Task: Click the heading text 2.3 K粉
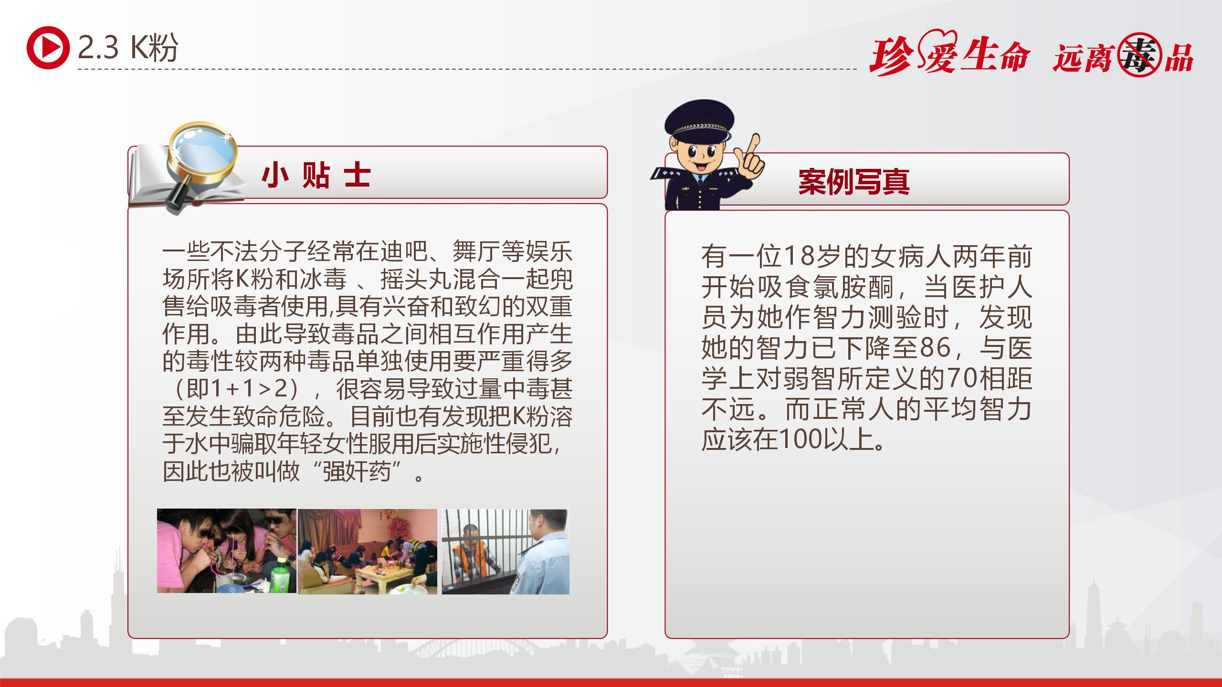click(128, 48)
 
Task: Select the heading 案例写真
click(854, 182)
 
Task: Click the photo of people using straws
click(227, 551)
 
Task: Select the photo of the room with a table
click(368, 552)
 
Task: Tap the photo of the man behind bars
click(506, 552)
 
